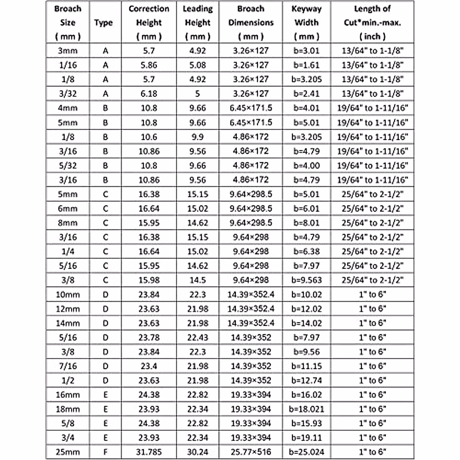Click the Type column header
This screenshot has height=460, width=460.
[x=103, y=23]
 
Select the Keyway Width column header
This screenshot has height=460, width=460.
[x=306, y=22]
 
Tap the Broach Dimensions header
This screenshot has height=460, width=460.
[x=251, y=22]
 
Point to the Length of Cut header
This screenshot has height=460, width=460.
[x=372, y=22]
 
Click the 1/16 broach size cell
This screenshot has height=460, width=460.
[x=67, y=65]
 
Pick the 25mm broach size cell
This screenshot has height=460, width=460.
[x=67, y=452]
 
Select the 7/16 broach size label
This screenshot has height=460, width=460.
[x=67, y=366]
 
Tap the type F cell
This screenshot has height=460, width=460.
[x=105, y=452]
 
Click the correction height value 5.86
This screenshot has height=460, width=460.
[x=149, y=65]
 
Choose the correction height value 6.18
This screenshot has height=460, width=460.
[x=149, y=94]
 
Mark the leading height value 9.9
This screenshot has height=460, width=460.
[x=197, y=137]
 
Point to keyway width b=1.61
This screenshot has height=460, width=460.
[x=306, y=65]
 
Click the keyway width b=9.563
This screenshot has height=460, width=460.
[x=306, y=280]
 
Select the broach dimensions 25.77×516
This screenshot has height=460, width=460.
[x=251, y=452]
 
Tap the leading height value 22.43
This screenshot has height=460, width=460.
[x=197, y=337]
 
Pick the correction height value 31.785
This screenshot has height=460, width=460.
[x=149, y=452]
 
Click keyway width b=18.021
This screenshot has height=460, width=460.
[x=306, y=409]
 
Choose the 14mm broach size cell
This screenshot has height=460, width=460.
[x=67, y=323]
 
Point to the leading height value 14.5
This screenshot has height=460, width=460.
[x=197, y=280]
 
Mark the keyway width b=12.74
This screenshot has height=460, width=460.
[x=306, y=380]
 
